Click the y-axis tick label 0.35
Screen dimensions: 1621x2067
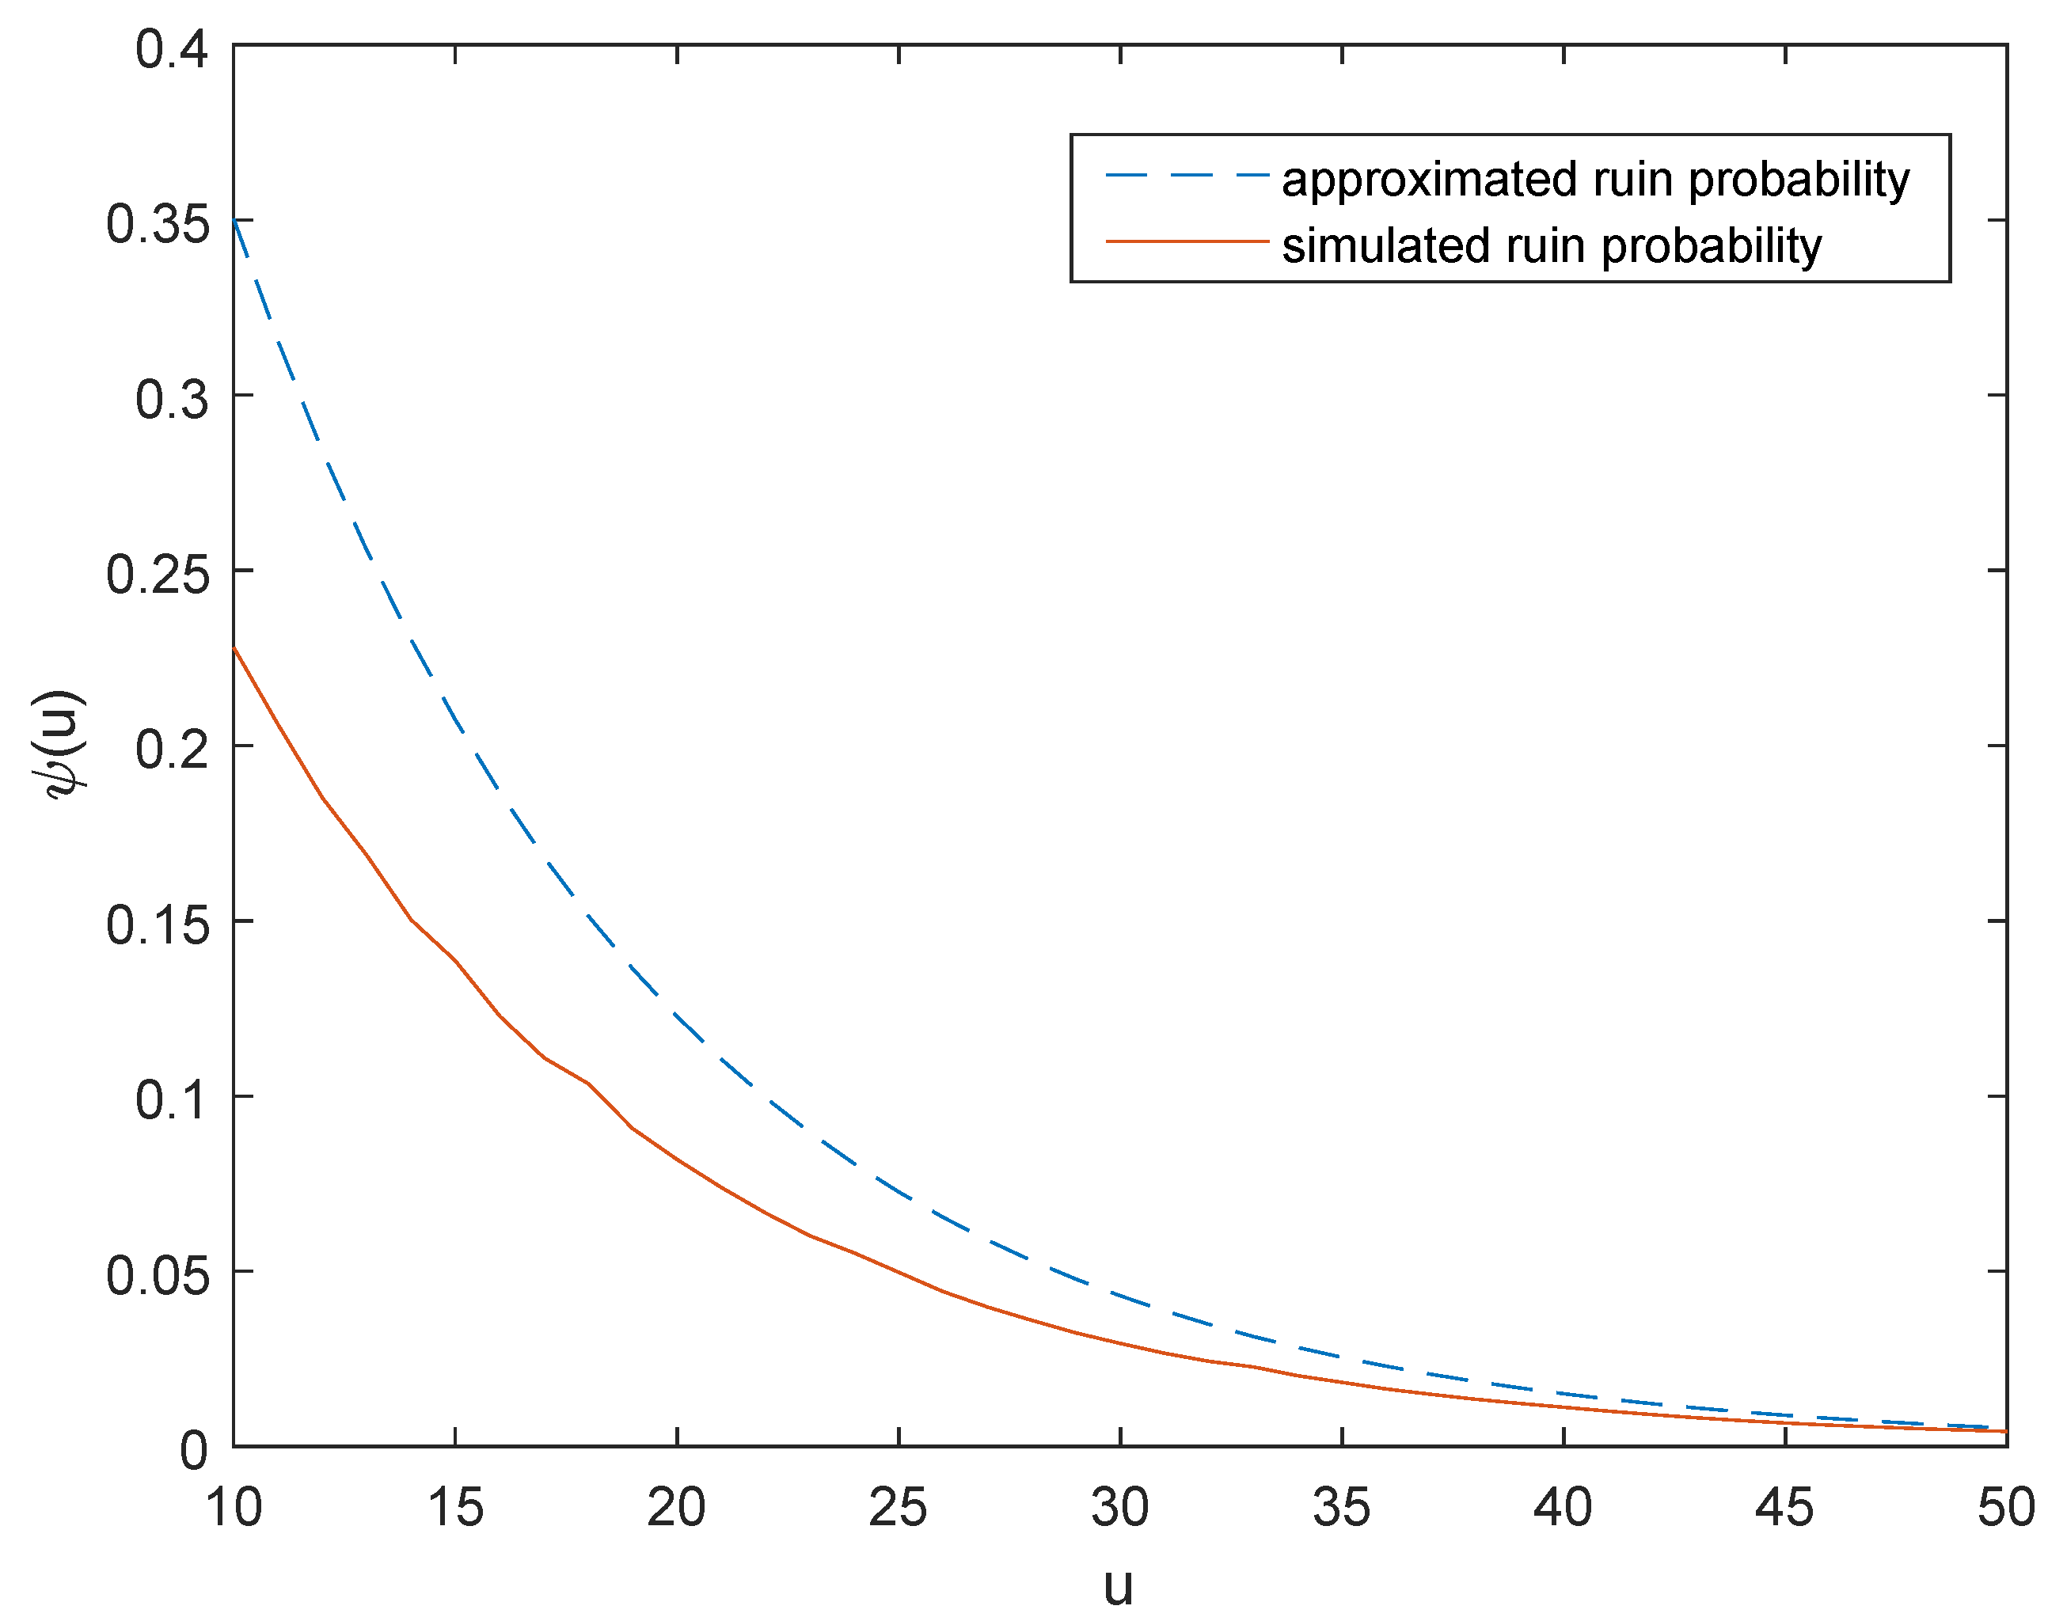(157, 226)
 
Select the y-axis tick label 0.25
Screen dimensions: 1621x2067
(157, 575)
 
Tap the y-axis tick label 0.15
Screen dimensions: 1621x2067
(157, 925)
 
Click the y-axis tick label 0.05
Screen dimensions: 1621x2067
(157, 1276)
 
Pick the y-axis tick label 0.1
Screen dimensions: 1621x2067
(172, 1101)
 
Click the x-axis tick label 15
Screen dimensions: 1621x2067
(455, 1507)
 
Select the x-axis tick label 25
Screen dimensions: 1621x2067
(898, 1507)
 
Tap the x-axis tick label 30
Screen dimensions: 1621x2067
(1120, 1507)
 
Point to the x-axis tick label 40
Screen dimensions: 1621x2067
(1563, 1507)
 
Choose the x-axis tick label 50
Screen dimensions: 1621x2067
(2006, 1507)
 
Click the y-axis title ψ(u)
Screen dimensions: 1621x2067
(59, 745)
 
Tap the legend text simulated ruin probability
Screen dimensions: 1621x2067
(1552, 246)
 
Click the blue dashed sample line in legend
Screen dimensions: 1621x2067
(1187, 176)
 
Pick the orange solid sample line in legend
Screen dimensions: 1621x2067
(1187, 242)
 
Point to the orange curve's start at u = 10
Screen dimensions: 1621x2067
(234, 647)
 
